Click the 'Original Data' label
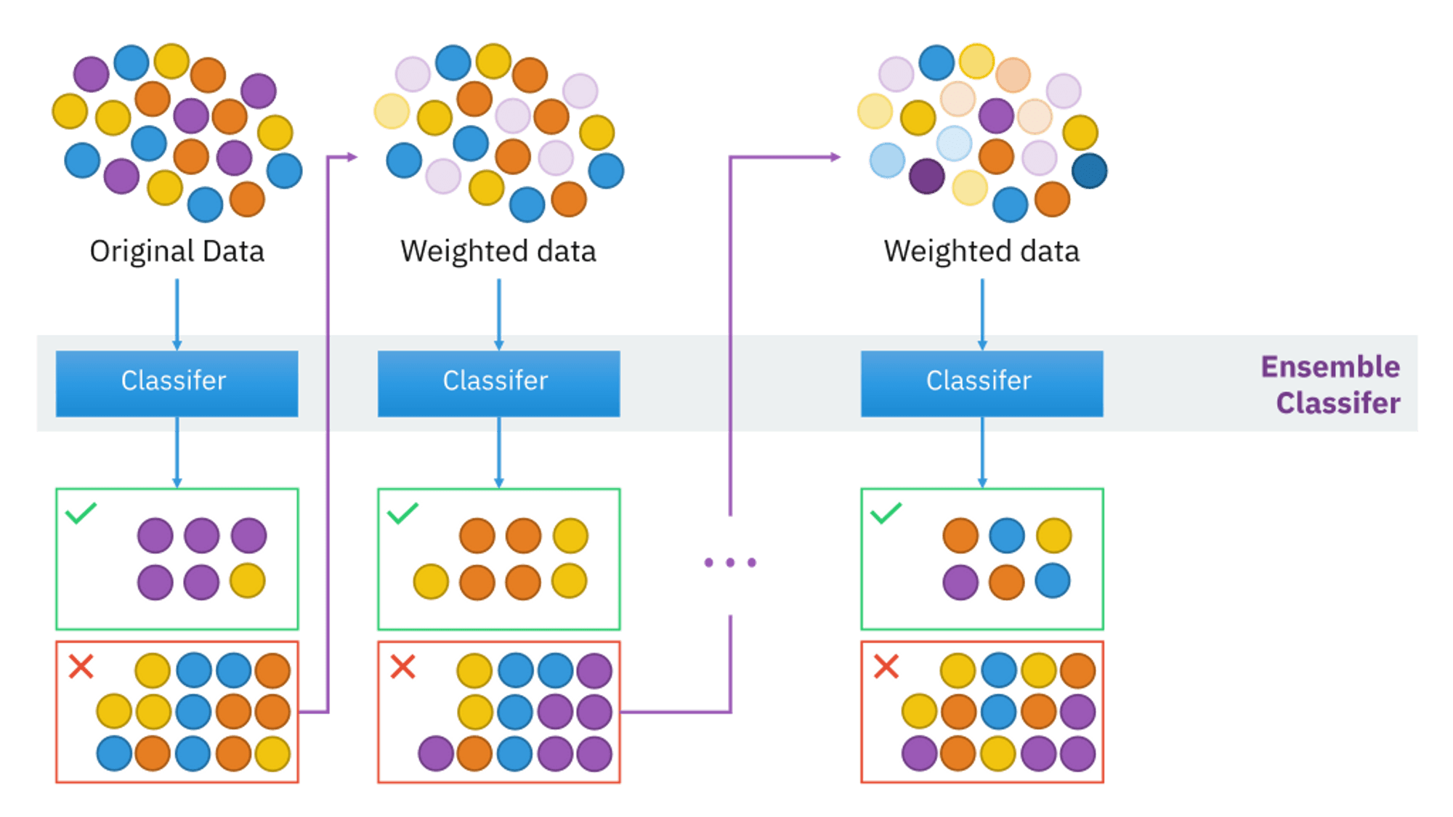point(177,251)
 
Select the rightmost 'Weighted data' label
point(982,251)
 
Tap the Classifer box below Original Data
point(177,383)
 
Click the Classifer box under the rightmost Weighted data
point(982,383)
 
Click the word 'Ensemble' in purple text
point(1330,367)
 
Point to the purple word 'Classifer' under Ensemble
point(1338,403)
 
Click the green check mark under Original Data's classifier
point(81,513)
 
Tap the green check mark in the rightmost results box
point(886,513)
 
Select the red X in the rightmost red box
point(886,666)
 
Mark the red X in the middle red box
point(402,666)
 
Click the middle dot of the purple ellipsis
point(730,562)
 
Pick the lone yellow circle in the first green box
point(248,581)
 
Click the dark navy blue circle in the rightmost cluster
point(1089,171)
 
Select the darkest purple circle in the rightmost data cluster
point(926,176)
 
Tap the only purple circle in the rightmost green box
point(960,582)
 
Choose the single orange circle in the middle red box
point(475,753)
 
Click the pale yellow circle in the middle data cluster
point(392,111)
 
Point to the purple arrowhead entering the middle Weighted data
point(352,157)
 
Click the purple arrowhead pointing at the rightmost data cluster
point(835,157)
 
